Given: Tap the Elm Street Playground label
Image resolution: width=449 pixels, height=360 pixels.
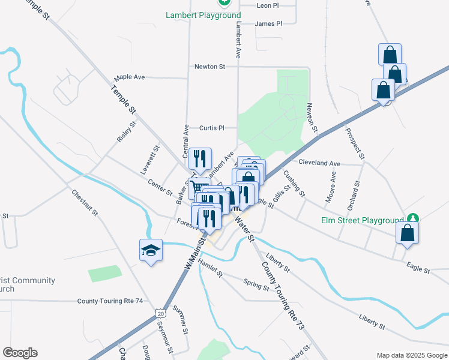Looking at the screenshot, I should [366, 220].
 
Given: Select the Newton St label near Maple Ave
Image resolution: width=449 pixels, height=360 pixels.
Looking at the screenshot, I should [209, 67].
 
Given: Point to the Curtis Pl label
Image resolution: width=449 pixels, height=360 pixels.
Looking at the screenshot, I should [211, 128].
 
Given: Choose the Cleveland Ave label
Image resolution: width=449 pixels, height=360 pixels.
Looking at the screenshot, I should [319, 163].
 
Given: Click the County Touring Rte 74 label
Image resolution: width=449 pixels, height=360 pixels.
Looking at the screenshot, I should [110, 301].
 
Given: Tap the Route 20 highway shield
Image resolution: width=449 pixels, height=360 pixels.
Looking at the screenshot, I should [159, 313].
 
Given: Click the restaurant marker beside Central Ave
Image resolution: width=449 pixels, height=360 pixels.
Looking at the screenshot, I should [199, 159].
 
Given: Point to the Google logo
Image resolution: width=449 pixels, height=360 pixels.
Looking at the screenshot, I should [20, 353].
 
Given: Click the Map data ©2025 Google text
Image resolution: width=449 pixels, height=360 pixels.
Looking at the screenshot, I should [411, 355].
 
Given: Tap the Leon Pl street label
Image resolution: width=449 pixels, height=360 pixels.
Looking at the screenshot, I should [268, 5].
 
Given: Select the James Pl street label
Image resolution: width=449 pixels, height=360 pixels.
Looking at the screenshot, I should [268, 24].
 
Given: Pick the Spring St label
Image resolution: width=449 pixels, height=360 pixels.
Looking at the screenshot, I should [256, 284].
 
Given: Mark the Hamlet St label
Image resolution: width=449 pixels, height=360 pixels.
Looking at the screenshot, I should [210, 267].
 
